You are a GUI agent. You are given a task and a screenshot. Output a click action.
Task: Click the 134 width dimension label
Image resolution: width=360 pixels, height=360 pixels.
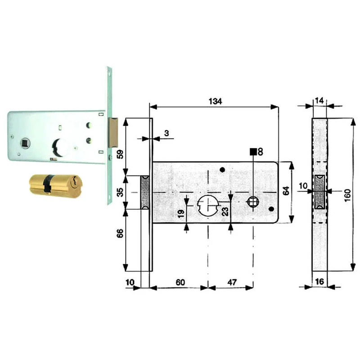coord(215,101)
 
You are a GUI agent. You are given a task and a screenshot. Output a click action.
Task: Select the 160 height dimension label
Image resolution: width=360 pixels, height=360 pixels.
coord(347,195)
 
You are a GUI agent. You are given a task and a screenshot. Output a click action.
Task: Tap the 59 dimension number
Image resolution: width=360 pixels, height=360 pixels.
coord(120,154)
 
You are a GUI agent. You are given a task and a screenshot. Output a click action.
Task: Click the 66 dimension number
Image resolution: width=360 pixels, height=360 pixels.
coord(120,233)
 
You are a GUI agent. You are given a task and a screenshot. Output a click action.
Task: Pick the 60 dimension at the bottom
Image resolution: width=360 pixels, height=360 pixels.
coord(180,282)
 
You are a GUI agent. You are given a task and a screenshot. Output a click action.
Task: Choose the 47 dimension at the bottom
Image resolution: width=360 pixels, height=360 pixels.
coord(232,282)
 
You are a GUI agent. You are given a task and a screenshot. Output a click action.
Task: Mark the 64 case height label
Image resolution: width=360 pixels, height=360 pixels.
coord(286,191)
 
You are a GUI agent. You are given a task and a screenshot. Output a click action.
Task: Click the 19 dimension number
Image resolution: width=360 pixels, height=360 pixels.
coord(181,213)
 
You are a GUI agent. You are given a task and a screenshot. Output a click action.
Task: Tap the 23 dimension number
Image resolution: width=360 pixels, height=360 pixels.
coord(225,211)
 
